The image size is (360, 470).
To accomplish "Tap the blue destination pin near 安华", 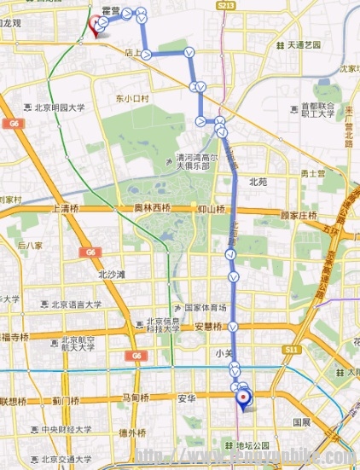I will click(x=245, y=397).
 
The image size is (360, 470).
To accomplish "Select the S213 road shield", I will click(x=226, y=6).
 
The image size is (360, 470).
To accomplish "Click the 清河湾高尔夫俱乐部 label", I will click(x=198, y=162).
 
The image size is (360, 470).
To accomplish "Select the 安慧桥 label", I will click(x=212, y=326).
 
